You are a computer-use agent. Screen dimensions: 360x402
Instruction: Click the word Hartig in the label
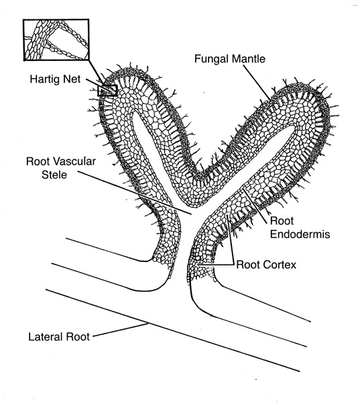pos(44,79)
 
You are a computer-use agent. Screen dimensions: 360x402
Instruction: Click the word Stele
pos(54,175)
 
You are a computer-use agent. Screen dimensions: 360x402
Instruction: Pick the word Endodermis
pos(300,234)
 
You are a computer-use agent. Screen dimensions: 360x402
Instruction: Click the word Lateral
pos(46,336)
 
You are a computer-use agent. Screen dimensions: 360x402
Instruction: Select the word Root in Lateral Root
pos(78,336)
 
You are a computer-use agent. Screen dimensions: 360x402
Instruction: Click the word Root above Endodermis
pos(282,220)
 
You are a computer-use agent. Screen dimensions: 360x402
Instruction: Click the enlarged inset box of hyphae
pos(56,19)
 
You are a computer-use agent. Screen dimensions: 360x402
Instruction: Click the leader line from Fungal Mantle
pos(257,82)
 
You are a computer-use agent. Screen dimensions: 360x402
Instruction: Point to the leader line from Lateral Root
pos(121,330)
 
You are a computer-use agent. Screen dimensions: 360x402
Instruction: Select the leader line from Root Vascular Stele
pos(134,192)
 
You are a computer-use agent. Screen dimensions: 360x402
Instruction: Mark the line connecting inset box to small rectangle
pos(97,73)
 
